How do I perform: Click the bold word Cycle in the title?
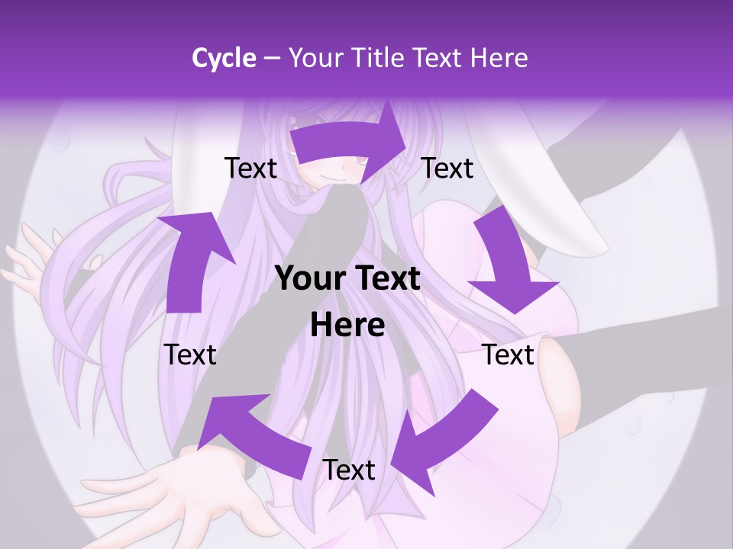click(x=224, y=58)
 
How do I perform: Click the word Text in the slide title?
click(x=438, y=58)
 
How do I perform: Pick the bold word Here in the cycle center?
click(x=347, y=326)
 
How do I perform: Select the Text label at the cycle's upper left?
click(x=250, y=168)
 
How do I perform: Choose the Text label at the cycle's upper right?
click(x=447, y=168)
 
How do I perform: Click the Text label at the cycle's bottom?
click(x=349, y=470)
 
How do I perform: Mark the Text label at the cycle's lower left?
click(x=190, y=355)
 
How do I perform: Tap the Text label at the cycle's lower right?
click(x=509, y=355)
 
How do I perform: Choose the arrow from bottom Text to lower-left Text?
click(x=252, y=435)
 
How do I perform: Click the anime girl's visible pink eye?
click(x=356, y=160)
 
